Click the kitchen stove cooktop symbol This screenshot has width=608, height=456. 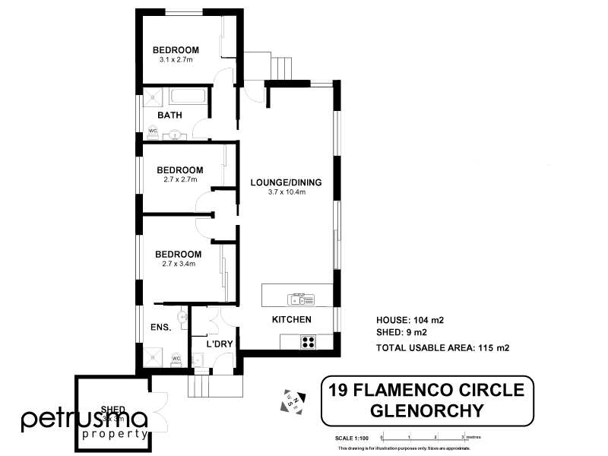(307, 342)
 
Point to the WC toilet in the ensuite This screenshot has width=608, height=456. (175, 357)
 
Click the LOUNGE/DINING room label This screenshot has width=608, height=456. (287, 182)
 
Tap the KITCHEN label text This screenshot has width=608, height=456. (292, 320)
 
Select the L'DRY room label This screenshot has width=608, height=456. (220, 344)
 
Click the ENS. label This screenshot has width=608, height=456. (160, 328)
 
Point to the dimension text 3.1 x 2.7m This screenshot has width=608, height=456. (176, 59)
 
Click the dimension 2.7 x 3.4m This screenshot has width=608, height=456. (179, 264)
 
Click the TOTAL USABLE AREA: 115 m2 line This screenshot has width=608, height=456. (442, 347)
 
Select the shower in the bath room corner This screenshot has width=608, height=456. (154, 97)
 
